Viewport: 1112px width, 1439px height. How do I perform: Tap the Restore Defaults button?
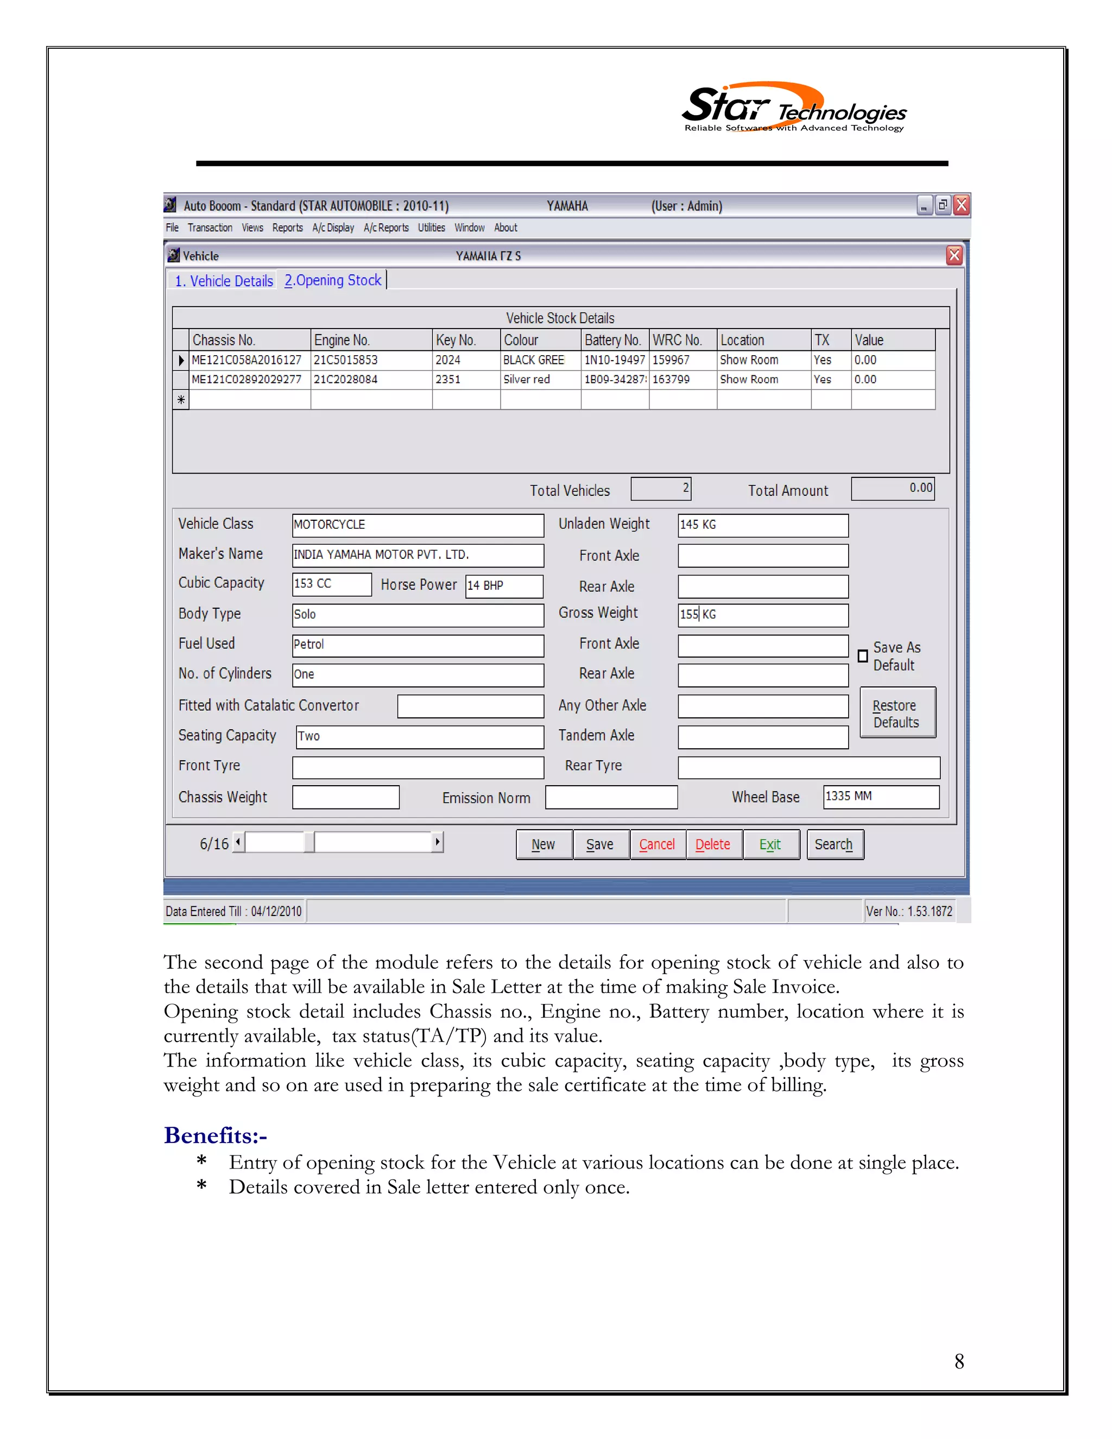pos(896,714)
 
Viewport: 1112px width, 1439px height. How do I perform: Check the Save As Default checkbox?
pos(862,657)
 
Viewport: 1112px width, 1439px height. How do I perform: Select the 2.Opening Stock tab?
pos(333,281)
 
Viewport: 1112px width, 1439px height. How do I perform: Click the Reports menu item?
pos(287,228)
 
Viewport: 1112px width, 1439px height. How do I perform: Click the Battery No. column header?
pos(614,340)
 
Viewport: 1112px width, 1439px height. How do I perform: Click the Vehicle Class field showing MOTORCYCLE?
pos(417,525)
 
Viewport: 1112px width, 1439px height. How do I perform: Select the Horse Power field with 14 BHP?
pos(503,586)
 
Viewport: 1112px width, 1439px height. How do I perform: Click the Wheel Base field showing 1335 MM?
pos(880,797)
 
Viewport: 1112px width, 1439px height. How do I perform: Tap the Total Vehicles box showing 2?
pos(660,489)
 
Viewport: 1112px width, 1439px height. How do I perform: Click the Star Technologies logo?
pos(793,109)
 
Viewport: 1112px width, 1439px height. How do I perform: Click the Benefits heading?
pos(216,1135)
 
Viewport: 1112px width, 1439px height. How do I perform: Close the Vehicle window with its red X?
pos(953,256)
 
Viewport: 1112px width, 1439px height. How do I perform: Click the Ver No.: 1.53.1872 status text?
pos(908,911)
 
